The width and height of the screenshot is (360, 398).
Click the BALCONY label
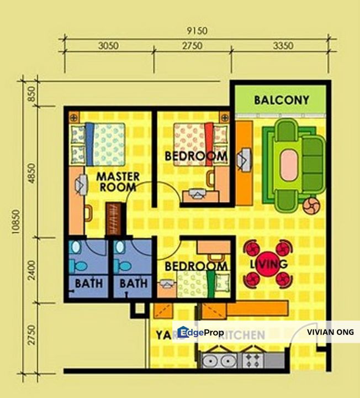point(282,101)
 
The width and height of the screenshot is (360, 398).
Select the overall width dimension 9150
point(197,31)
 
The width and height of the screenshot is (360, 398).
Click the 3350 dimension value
point(282,46)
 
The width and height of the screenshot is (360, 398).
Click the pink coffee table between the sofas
point(291,166)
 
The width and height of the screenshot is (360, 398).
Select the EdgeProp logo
point(200,332)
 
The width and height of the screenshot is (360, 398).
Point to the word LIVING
point(268,264)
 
